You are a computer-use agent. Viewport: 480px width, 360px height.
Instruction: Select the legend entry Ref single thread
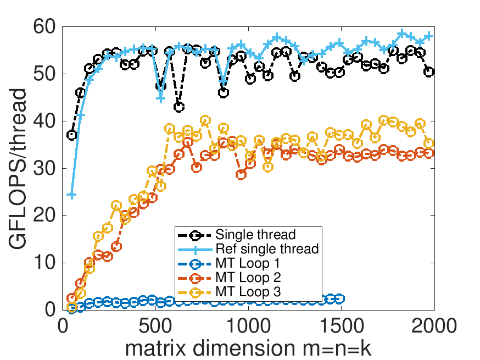[267, 249]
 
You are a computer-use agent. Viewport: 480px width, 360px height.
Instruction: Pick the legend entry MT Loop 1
[248, 263]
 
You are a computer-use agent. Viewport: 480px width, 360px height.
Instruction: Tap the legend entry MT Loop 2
[248, 278]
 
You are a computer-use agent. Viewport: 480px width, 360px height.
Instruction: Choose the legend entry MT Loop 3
[248, 292]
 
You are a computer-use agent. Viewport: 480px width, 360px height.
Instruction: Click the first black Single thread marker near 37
[71, 135]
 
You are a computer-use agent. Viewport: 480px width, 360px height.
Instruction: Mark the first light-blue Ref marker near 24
[71, 195]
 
